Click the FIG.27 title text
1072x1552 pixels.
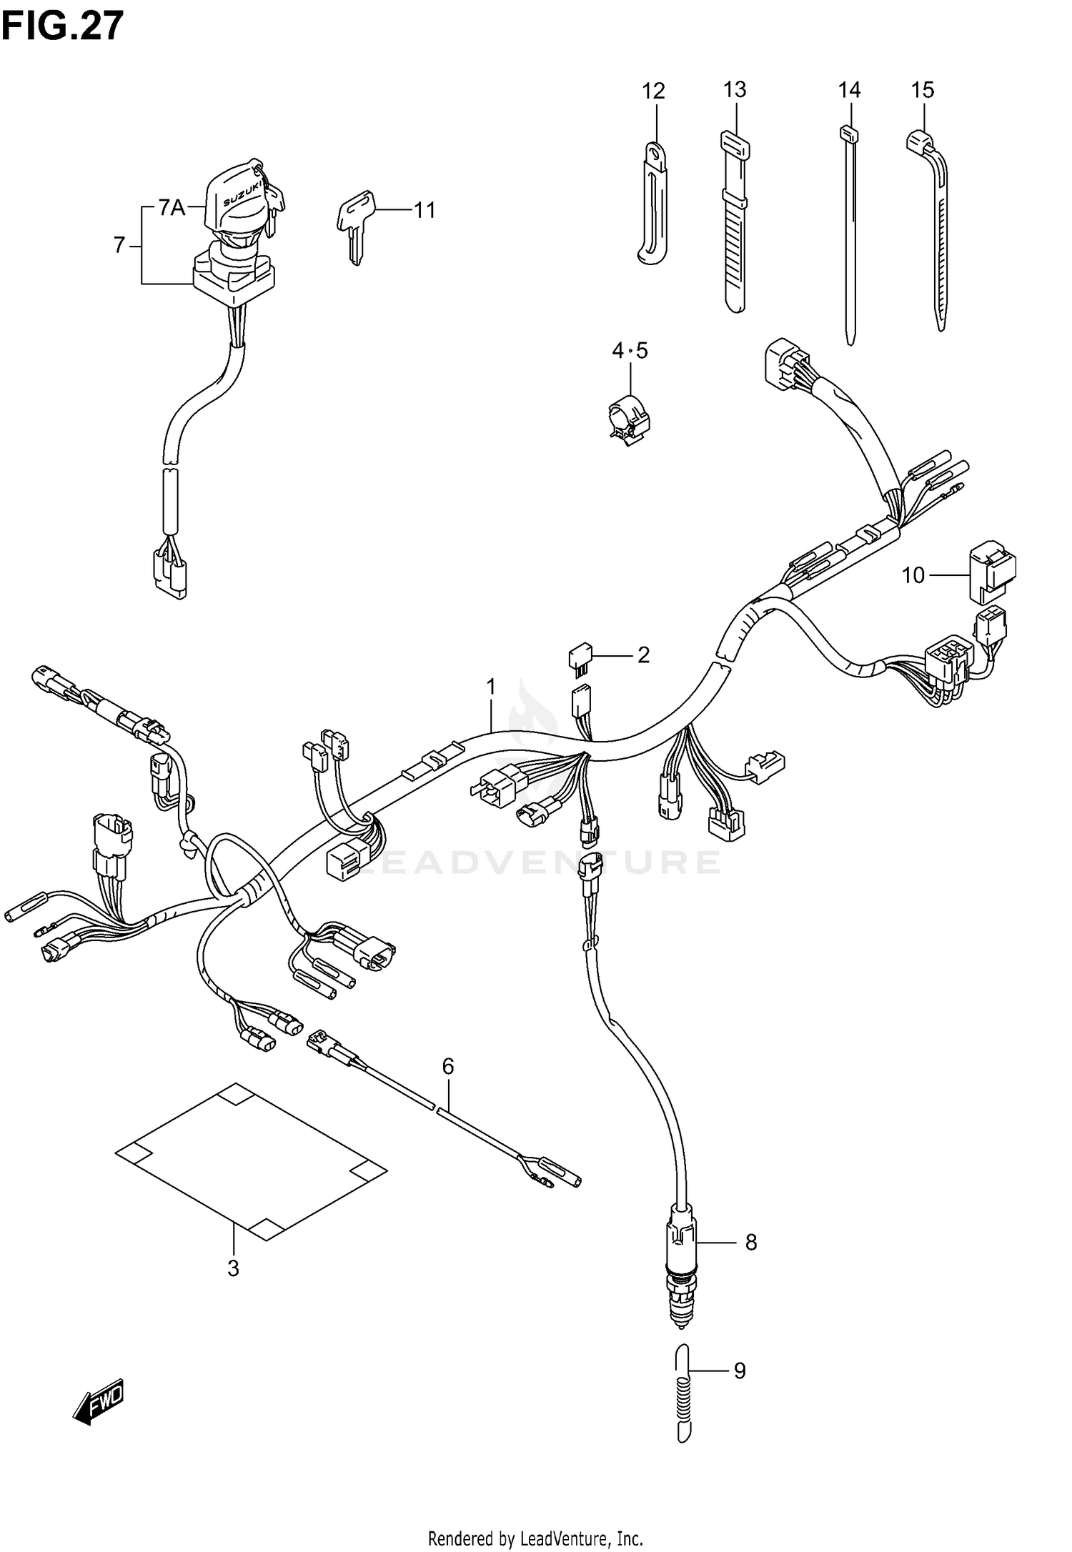[63, 27]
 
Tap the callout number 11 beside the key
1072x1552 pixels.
[425, 211]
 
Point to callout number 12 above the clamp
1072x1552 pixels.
[653, 91]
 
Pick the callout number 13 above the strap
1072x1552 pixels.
[734, 90]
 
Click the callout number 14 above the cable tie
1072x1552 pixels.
[849, 91]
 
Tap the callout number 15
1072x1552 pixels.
[922, 91]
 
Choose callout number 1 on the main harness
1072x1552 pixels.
[491, 687]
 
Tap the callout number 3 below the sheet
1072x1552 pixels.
[233, 1268]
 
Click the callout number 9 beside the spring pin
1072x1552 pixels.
[739, 1371]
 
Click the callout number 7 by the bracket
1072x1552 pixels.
[119, 246]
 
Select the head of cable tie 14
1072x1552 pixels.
[849, 133]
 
